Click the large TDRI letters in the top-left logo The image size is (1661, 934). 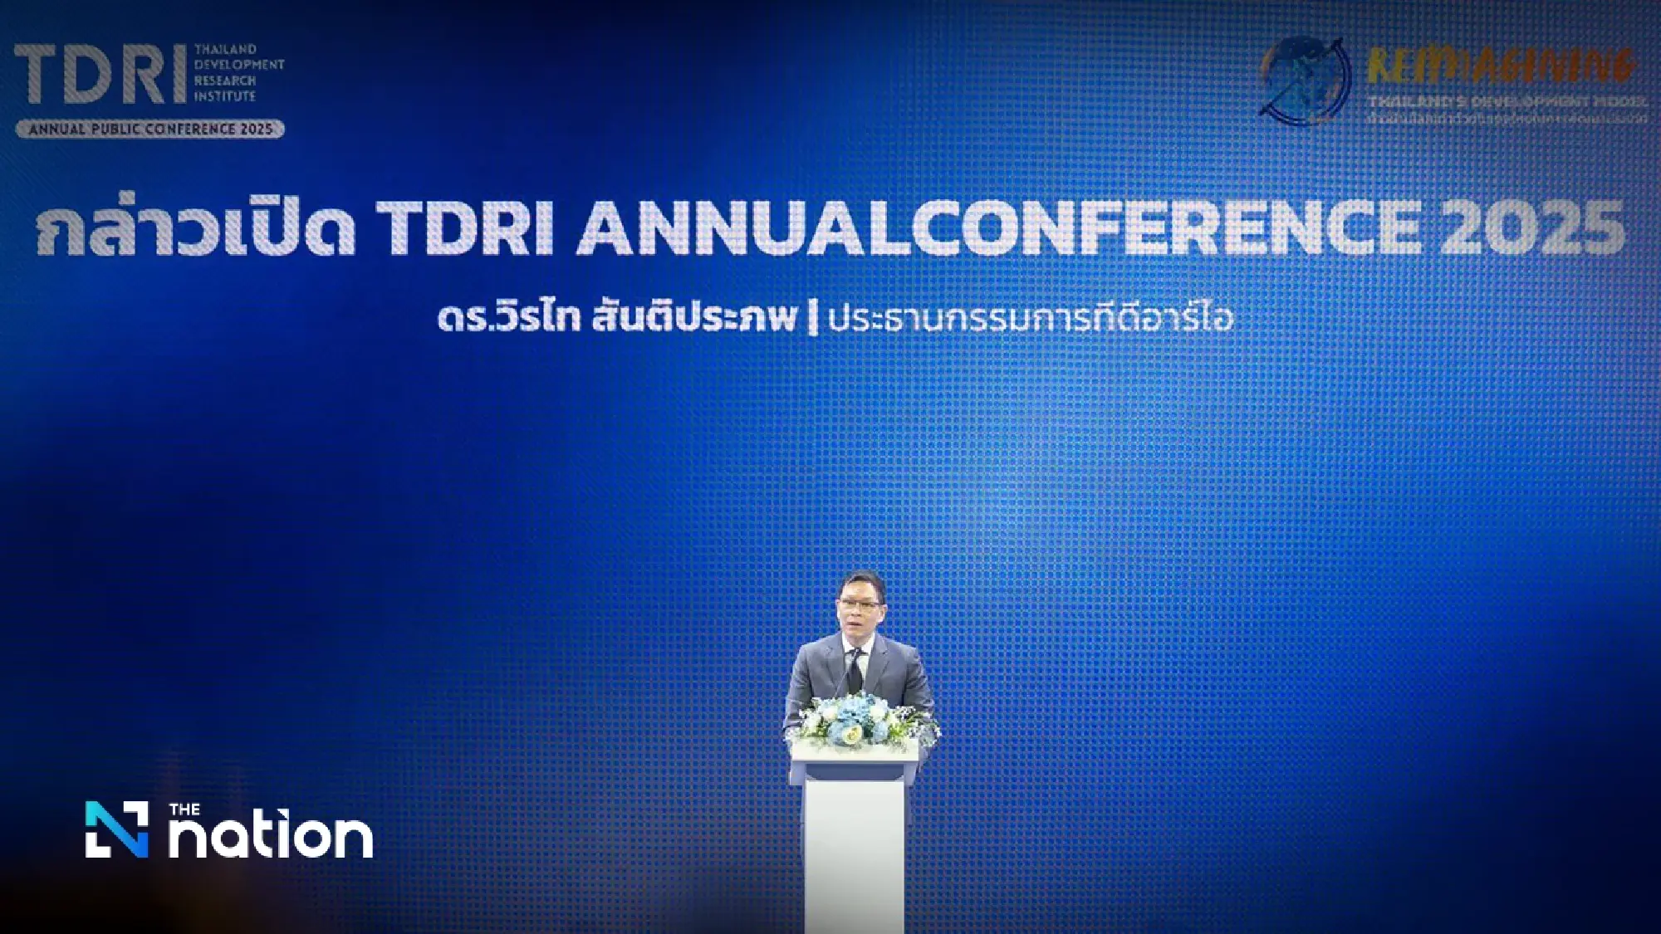pyautogui.click(x=100, y=75)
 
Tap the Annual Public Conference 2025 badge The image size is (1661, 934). pyautogui.click(x=150, y=129)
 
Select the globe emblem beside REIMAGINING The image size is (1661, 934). pyautogui.click(x=1304, y=80)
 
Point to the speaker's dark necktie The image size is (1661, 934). pyautogui.click(x=855, y=669)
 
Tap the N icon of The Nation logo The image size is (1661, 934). pyautogui.click(x=117, y=829)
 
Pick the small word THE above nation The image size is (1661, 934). pyautogui.click(x=184, y=809)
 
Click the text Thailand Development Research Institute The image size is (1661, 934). pyautogui.click(x=238, y=73)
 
